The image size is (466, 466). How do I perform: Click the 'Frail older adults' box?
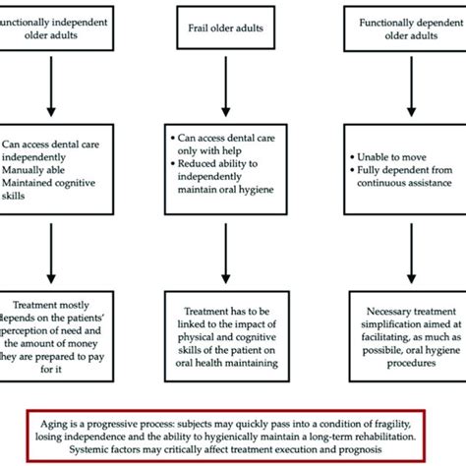233,30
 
